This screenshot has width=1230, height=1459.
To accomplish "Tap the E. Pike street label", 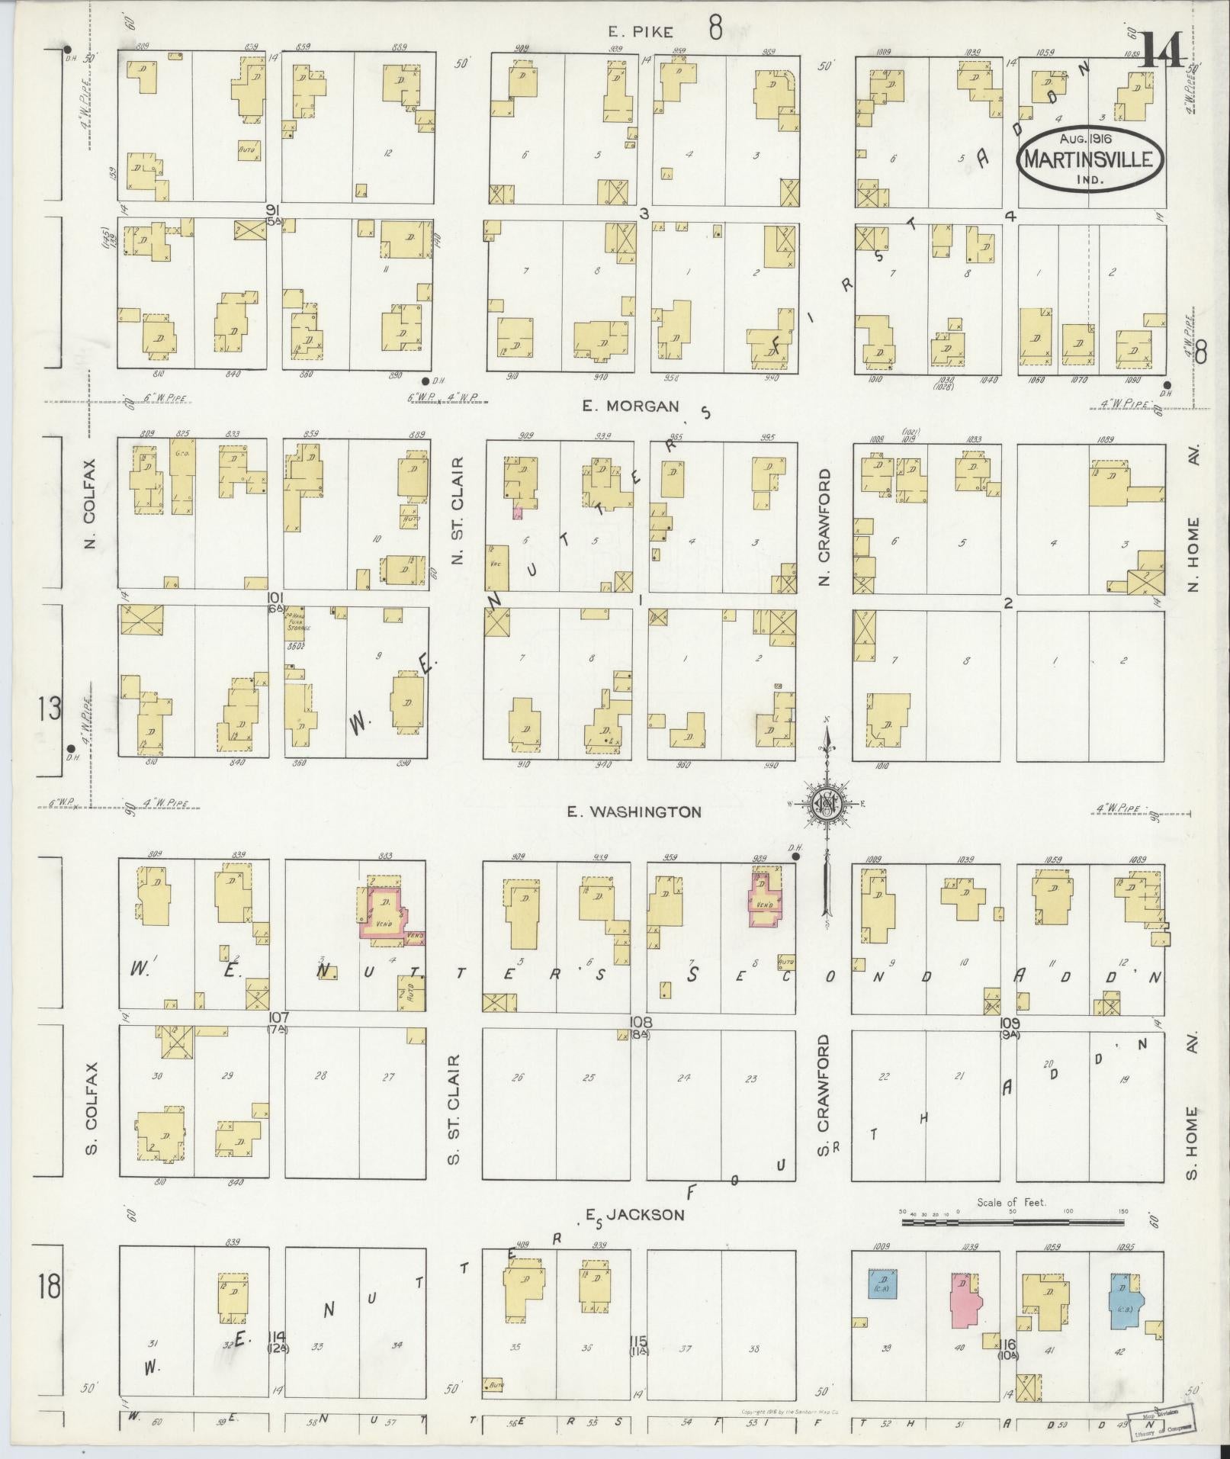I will pyautogui.click(x=641, y=31).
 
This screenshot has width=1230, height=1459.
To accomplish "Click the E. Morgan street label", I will pyautogui.click(x=630, y=406).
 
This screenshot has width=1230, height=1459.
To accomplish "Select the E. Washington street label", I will pyautogui.click(x=634, y=811).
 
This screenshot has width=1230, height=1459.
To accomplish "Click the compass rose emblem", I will pyautogui.click(x=827, y=803).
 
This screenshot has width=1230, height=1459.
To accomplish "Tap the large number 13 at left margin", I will pyautogui.click(x=50, y=709).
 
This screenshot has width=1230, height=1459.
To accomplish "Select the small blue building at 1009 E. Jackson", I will pyautogui.click(x=882, y=1284).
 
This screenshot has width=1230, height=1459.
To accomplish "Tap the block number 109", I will pyautogui.click(x=1010, y=1023).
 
